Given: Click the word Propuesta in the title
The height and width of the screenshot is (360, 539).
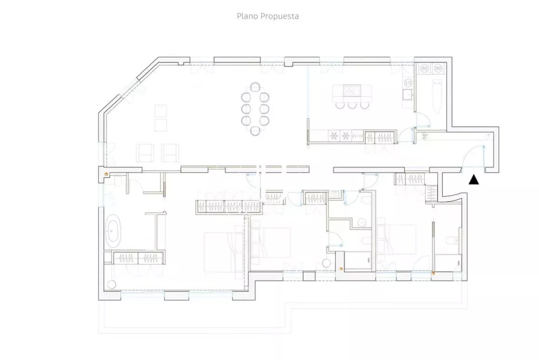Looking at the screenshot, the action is [x=279, y=17].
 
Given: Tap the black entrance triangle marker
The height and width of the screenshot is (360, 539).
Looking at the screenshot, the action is [x=474, y=180].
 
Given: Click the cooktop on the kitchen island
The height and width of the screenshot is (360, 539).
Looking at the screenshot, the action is [x=351, y=90].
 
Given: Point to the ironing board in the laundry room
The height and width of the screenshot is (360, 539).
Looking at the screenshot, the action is [x=437, y=96].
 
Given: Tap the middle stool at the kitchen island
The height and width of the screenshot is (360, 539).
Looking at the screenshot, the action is [x=352, y=104].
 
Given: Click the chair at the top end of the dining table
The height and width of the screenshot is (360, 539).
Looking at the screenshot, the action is [x=255, y=87].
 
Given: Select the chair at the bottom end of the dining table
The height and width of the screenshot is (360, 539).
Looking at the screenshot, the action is [x=255, y=131].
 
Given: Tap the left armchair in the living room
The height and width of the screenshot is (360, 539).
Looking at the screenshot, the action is [x=145, y=153].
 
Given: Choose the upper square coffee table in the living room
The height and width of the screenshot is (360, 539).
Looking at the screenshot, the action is [x=161, y=111].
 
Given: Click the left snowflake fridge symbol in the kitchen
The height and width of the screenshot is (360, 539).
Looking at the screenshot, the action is [x=334, y=136].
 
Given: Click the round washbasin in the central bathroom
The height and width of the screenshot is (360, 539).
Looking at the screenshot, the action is [x=362, y=223].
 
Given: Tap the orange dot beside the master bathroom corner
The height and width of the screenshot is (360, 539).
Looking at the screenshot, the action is [x=107, y=174].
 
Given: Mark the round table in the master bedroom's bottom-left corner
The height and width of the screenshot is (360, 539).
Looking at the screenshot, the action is [x=111, y=284].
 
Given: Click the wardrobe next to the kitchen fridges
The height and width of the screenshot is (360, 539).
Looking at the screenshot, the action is [x=381, y=137].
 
